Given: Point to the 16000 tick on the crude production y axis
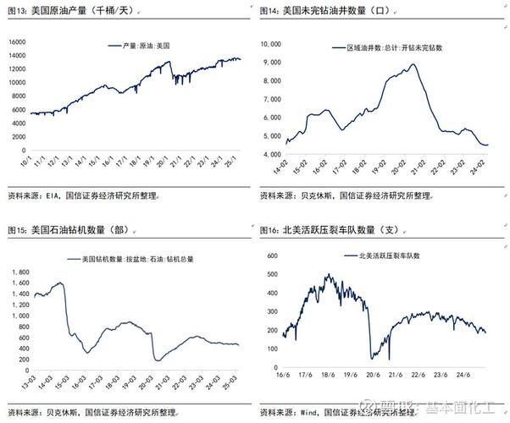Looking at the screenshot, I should (x=18, y=41).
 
